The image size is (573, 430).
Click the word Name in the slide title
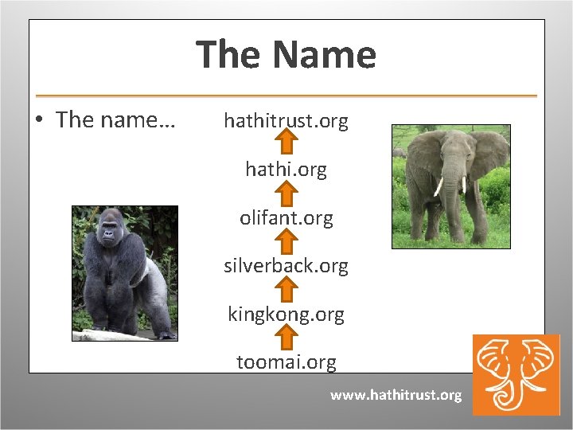(x=323, y=55)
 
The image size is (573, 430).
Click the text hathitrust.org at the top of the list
(x=286, y=121)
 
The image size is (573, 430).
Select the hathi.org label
(x=286, y=170)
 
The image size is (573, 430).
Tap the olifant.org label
(x=286, y=217)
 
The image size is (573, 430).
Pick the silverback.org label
(x=286, y=266)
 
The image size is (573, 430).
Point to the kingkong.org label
(x=286, y=315)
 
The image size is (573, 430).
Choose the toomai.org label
(x=286, y=362)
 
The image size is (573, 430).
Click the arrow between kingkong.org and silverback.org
(x=286, y=289)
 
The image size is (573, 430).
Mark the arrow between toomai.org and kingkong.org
(x=286, y=337)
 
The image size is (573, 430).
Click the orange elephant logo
(x=516, y=374)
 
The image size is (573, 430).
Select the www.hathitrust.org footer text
(x=396, y=395)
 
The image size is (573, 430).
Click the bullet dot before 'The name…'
(x=39, y=121)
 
